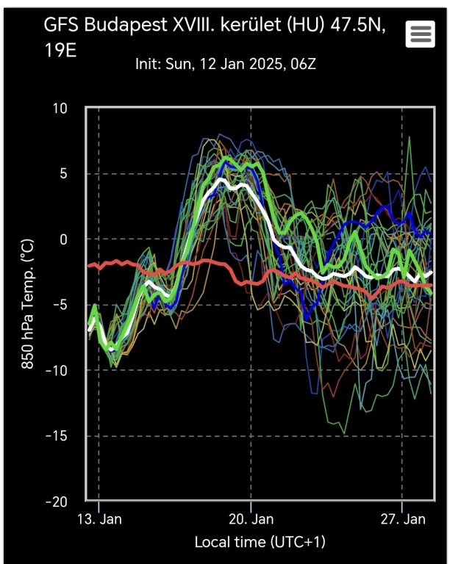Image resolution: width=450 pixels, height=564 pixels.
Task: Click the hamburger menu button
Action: click(420, 34)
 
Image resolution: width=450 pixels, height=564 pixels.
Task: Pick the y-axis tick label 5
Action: click(63, 174)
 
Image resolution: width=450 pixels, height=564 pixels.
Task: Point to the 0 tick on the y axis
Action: click(63, 239)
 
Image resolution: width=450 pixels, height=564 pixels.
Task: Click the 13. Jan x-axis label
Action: click(99, 520)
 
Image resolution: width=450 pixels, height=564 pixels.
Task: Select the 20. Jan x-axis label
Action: click(251, 520)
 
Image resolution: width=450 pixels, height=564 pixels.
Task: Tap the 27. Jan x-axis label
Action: click(403, 520)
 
